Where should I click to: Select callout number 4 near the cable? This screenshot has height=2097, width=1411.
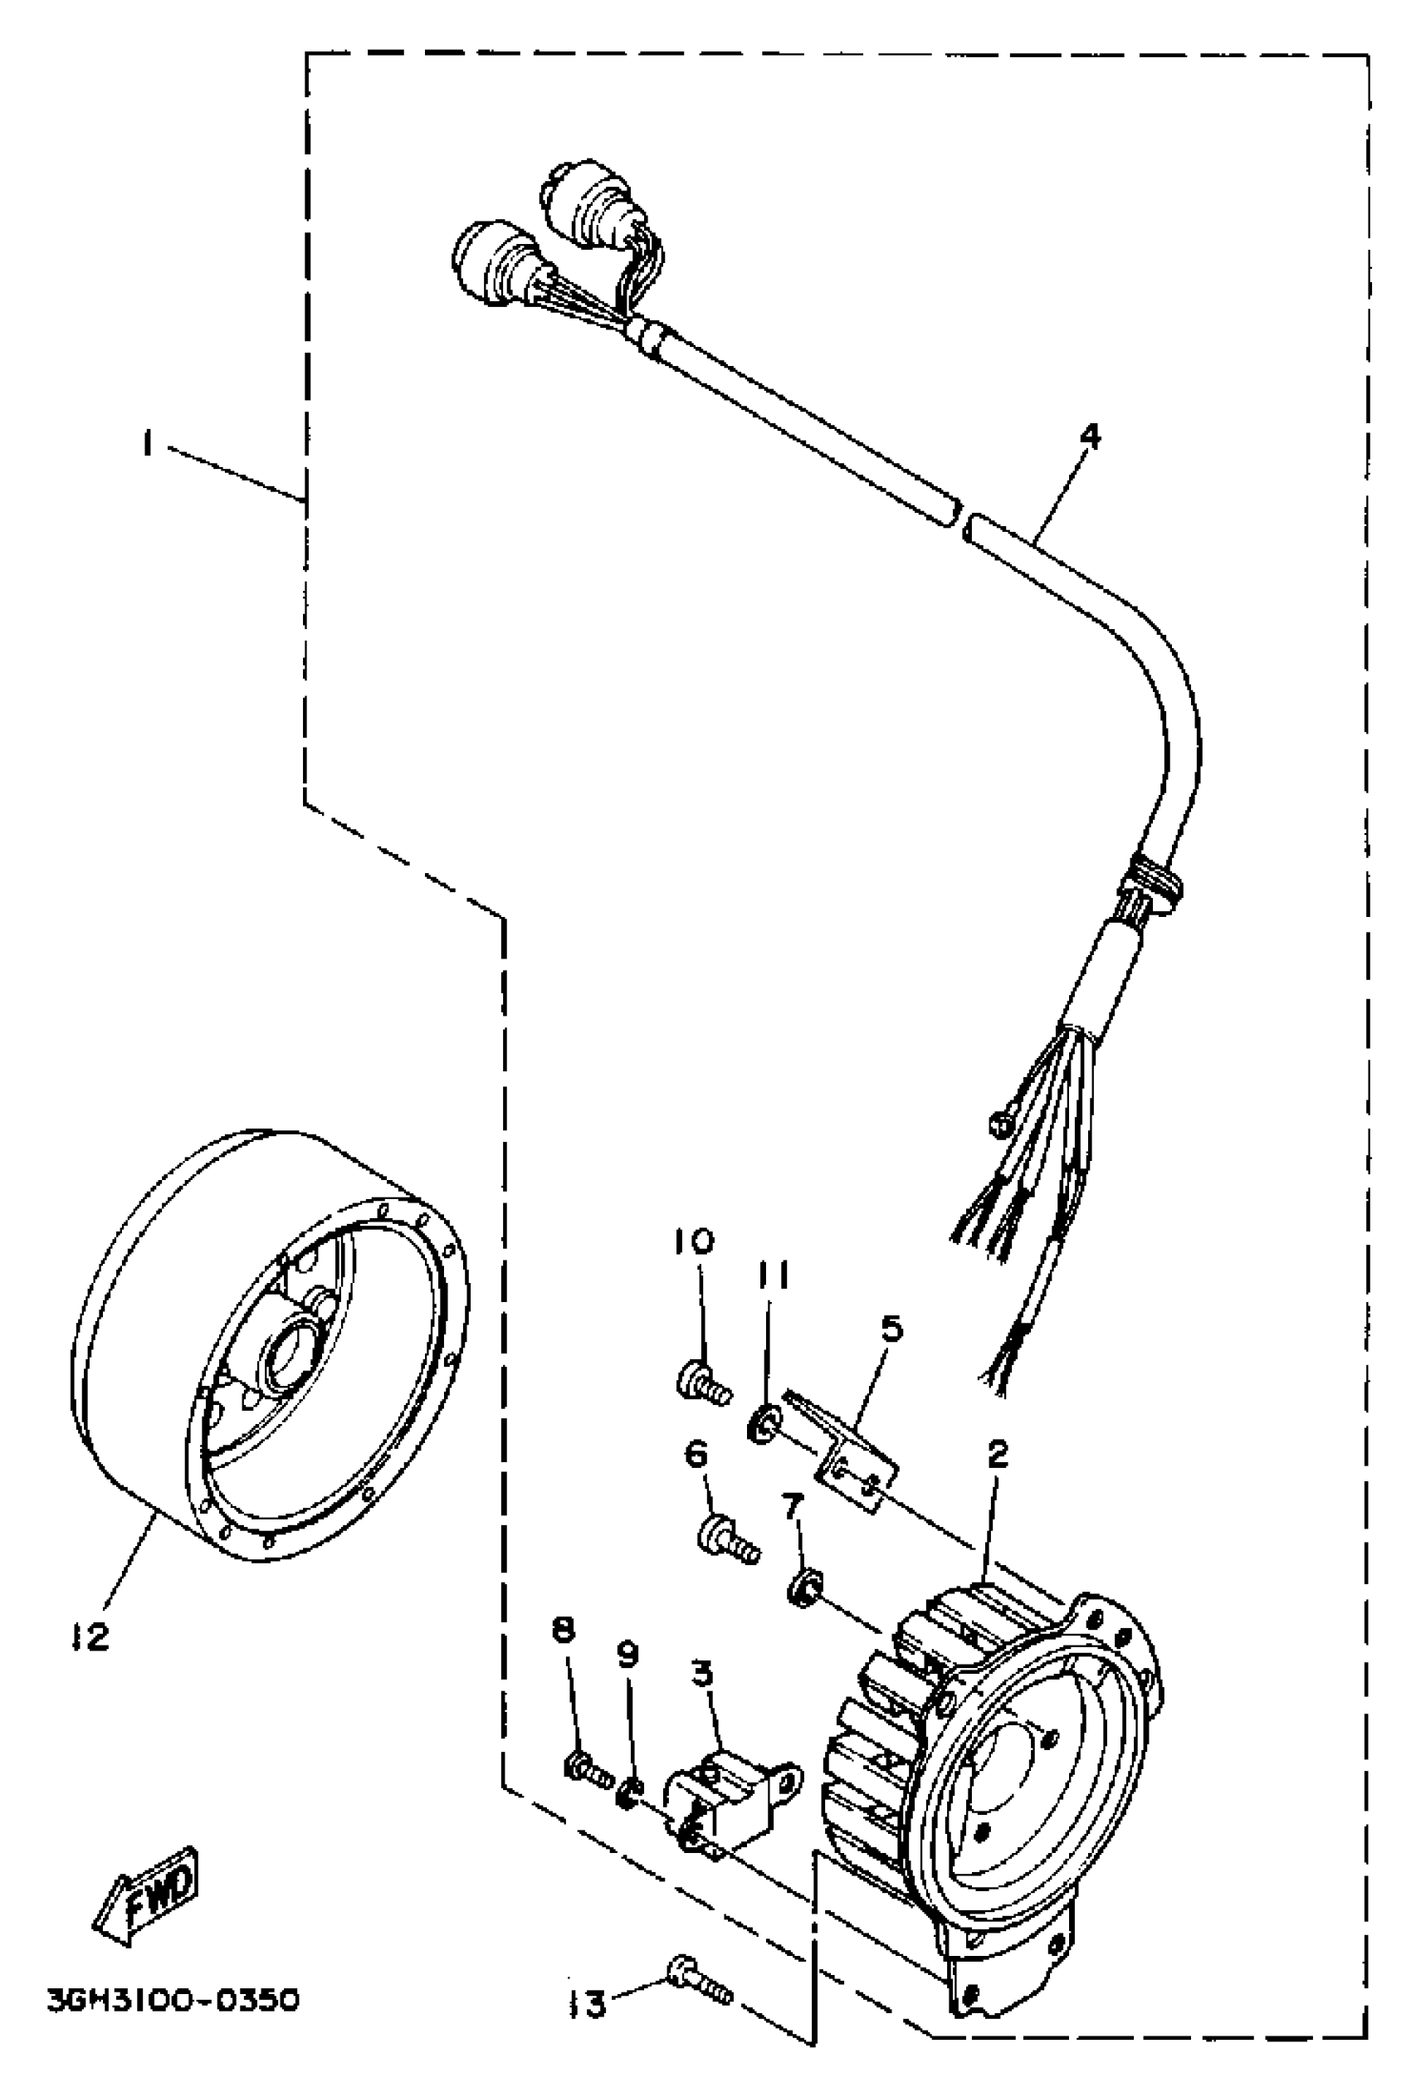1089,438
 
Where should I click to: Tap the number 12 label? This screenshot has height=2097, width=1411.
90,1636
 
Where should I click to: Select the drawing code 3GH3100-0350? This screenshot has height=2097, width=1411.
172,2001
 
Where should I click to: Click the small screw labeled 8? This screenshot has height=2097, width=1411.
588,1768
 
